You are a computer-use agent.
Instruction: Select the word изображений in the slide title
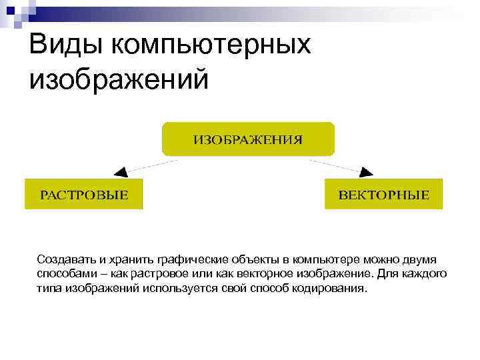click(x=119, y=79)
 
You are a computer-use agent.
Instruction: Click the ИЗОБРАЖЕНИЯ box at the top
click(x=247, y=139)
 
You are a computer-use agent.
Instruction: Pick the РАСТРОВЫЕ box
click(x=84, y=194)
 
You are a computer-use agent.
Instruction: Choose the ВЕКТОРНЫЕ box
click(x=383, y=194)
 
